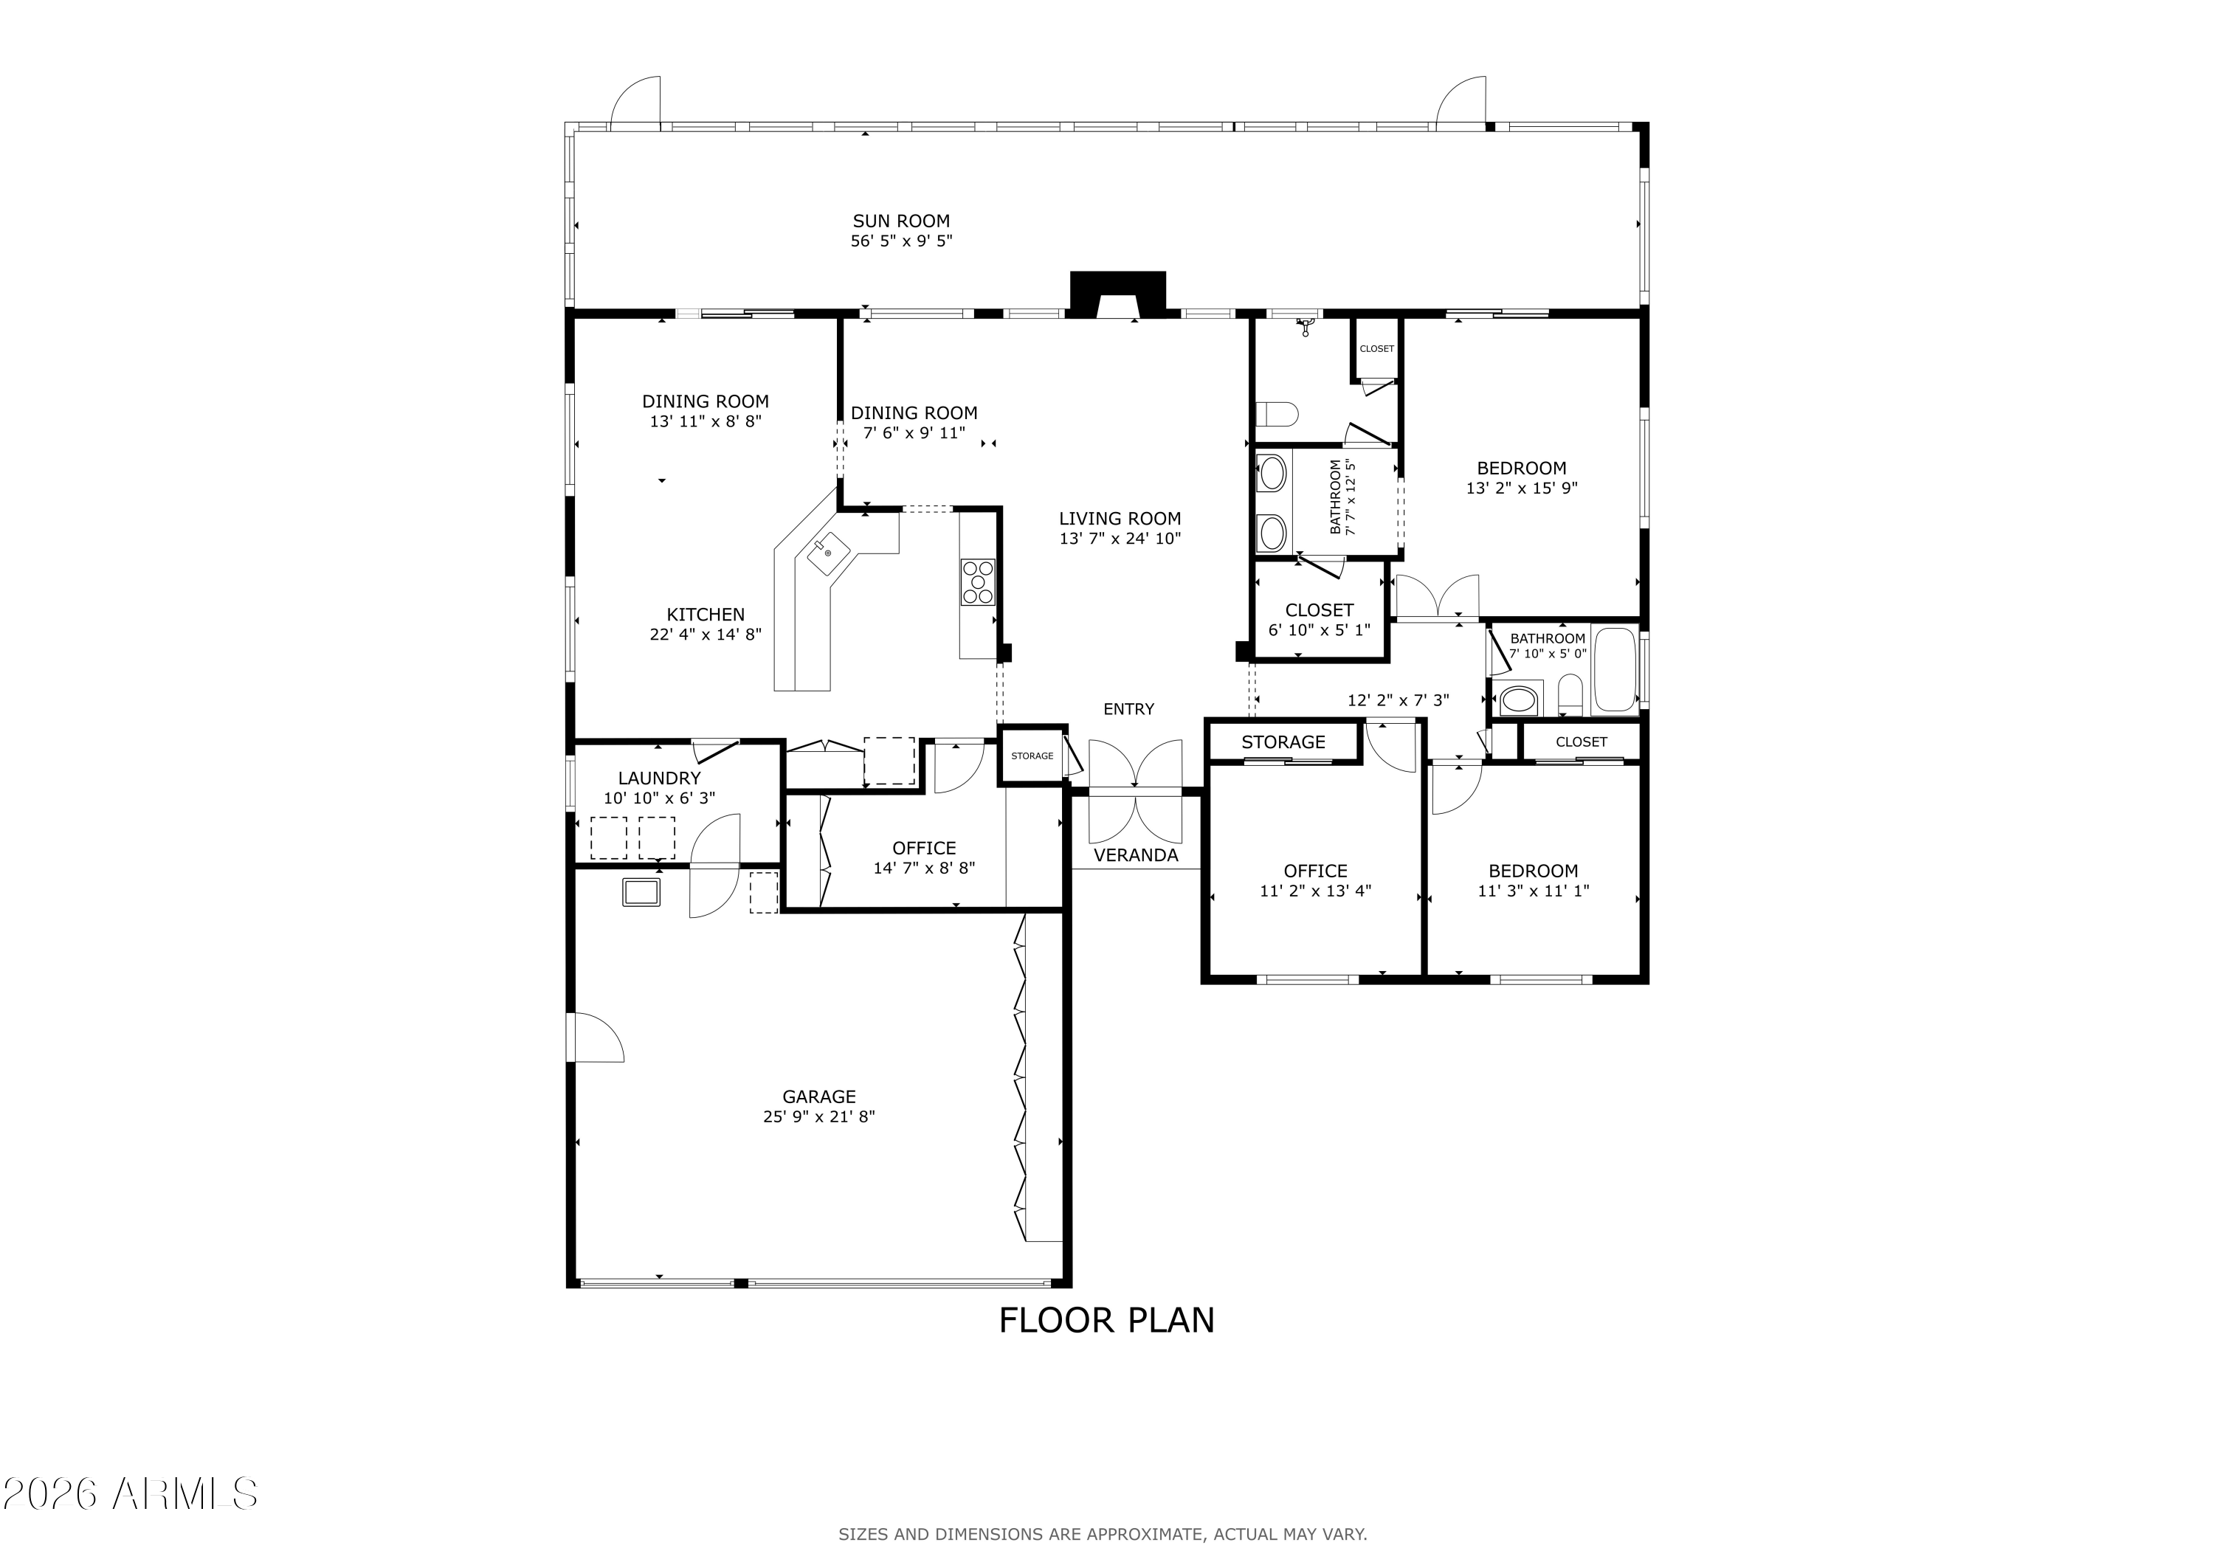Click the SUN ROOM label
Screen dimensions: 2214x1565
click(x=900, y=221)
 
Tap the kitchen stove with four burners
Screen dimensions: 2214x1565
click(x=977, y=582)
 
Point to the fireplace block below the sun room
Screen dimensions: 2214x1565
click(x=1117, y=295)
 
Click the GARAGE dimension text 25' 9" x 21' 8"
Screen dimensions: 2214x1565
click(x=818, y=1116)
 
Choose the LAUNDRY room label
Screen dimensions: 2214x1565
click(x=660, y=778)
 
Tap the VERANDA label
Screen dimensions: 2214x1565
click(x=1136, y=855)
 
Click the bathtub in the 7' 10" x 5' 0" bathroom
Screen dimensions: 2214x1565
click(x=1614, y=669)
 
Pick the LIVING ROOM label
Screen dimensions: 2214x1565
click(x=1120, y=518)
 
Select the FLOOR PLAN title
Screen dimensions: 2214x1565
click(x=1106, y=1320)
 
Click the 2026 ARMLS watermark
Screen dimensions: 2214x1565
click(x=130, y=1493)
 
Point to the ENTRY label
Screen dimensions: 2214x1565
click(x=1128, y=709)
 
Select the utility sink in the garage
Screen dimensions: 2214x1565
click(x=641, y=892)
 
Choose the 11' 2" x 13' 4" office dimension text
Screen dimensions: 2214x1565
click(x=1315, y=891)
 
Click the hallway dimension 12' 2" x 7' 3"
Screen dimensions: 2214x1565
click(x=1399, y=700)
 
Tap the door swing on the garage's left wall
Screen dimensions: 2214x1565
click(x=599, y=1037)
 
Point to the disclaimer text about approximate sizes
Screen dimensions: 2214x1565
click(x=1102, y=1534)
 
